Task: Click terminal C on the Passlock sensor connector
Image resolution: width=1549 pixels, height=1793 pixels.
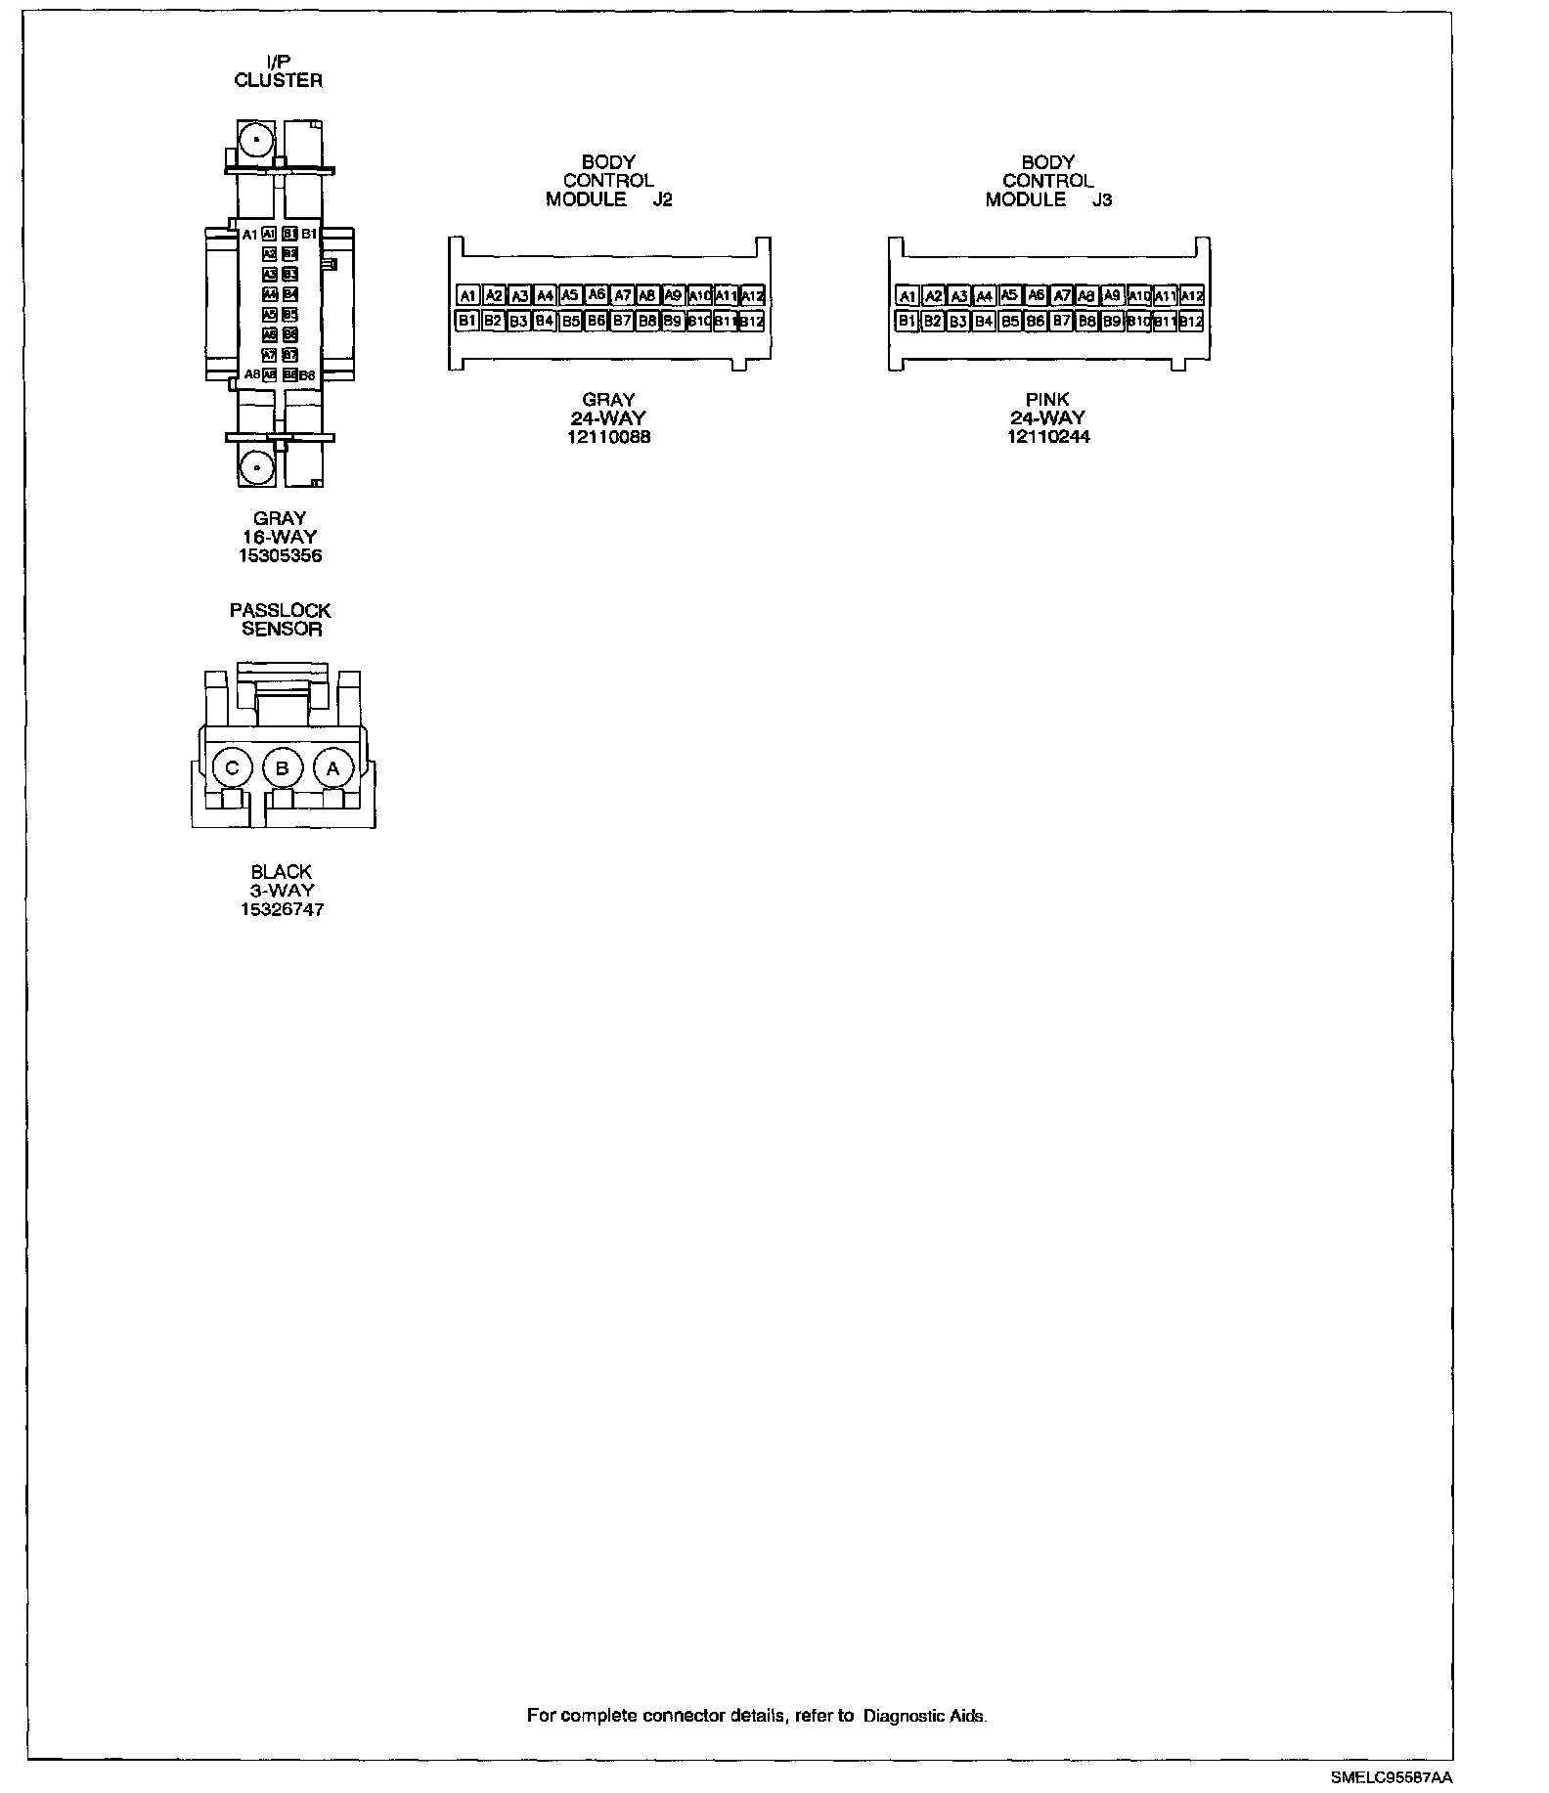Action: pos(232,768)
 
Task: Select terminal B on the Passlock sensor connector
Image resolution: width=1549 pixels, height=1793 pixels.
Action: pos(283,768)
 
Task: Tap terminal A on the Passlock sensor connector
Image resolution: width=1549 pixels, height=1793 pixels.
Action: pos(332,768)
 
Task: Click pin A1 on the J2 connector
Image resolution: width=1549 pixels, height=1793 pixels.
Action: pos(468,295)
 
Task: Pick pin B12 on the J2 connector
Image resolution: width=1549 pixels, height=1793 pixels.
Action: pos(750,321)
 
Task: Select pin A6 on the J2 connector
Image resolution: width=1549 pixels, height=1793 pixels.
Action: pos(597,295)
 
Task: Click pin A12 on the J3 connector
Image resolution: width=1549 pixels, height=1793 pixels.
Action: pos(1191,295)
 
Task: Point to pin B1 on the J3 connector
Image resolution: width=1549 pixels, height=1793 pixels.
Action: pos(907,321)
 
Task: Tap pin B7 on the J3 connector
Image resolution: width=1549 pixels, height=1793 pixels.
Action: pos(1062,321)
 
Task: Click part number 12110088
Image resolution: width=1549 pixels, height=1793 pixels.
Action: pos(608,437)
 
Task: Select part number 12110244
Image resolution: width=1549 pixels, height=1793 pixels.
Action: pos(1048,437)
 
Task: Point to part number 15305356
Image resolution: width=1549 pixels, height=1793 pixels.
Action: pos(280,555)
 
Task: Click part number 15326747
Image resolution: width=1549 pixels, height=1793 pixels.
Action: pos(282,909)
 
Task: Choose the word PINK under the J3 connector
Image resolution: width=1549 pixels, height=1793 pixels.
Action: pos(1047,400)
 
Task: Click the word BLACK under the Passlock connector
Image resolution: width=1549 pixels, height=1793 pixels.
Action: pos(282,872)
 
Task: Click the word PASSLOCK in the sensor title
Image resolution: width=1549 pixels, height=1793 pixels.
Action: pos(281,610)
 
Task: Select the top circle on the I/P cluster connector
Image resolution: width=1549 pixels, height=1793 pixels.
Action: pos(256,142)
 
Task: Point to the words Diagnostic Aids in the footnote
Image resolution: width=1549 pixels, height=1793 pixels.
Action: pos(924,1715)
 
